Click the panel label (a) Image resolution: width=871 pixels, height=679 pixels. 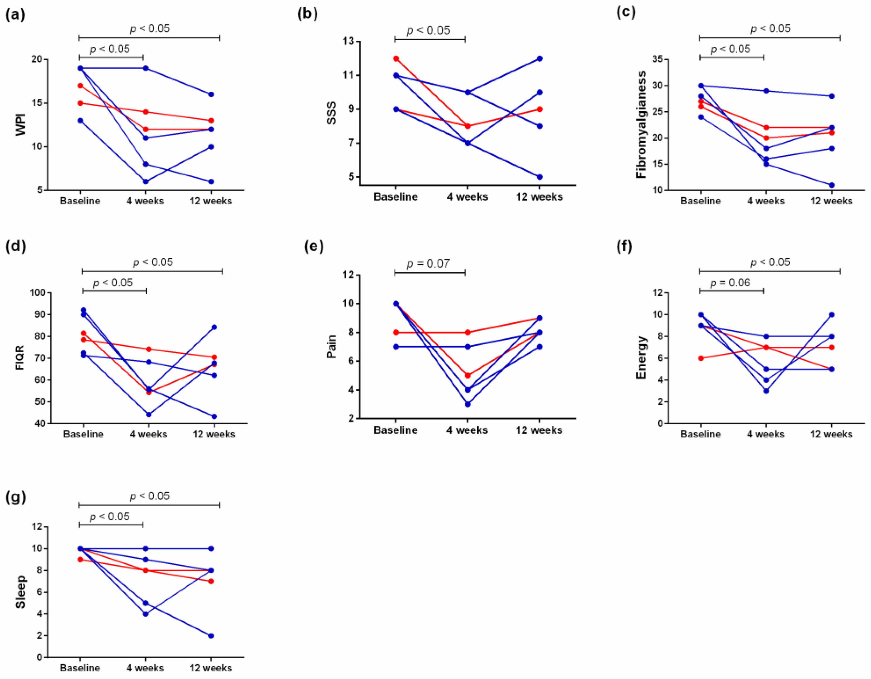(x=16, y=14)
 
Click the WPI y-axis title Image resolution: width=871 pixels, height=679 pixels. (x=21, y=124)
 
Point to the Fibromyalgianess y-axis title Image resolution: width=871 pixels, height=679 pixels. (x=641, y=124)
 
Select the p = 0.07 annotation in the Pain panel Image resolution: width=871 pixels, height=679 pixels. (x=428, y=264)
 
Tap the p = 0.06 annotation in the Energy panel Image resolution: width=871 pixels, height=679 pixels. (x=730, y=283)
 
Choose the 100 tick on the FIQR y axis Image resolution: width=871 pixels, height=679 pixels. (x=37, y=293)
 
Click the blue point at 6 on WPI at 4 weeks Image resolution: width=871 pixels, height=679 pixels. (x=145, y=182)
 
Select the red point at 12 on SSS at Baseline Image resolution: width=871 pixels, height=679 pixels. (x=396, y=58)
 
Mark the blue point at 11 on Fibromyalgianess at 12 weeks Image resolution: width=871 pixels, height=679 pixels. (x=831, y=185)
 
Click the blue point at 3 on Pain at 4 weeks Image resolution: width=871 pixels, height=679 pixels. (x=467, y=404)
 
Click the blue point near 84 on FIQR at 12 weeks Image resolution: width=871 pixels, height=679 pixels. (x=214, y=327)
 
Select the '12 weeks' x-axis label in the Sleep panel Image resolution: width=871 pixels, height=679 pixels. (x=210, y=668)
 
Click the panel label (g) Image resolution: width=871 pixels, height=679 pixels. (x=16, y=498)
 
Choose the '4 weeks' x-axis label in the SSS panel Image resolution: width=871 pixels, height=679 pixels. (x=467, y=197)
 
